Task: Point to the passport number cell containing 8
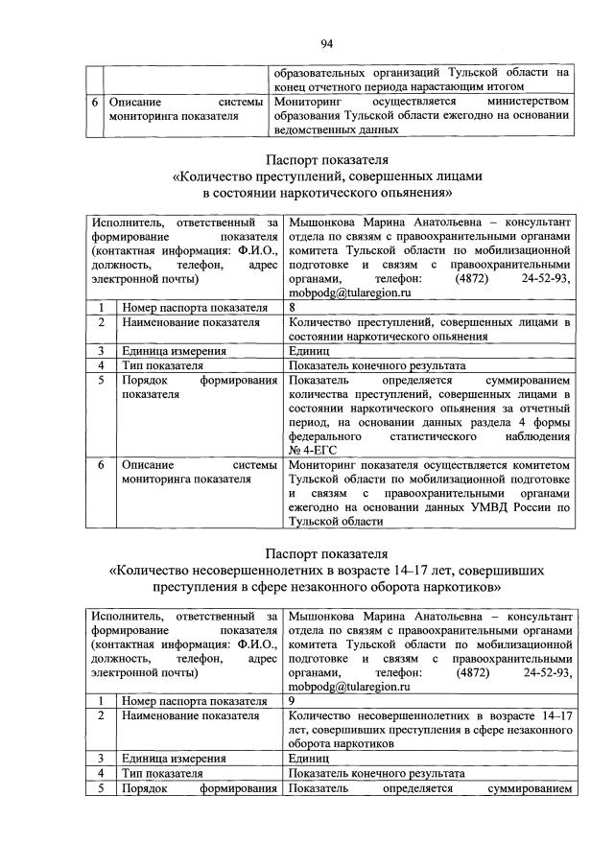pyautogui.click(x=292, y=308)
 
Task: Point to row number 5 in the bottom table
pyautogui.click(x=100, y=788)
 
